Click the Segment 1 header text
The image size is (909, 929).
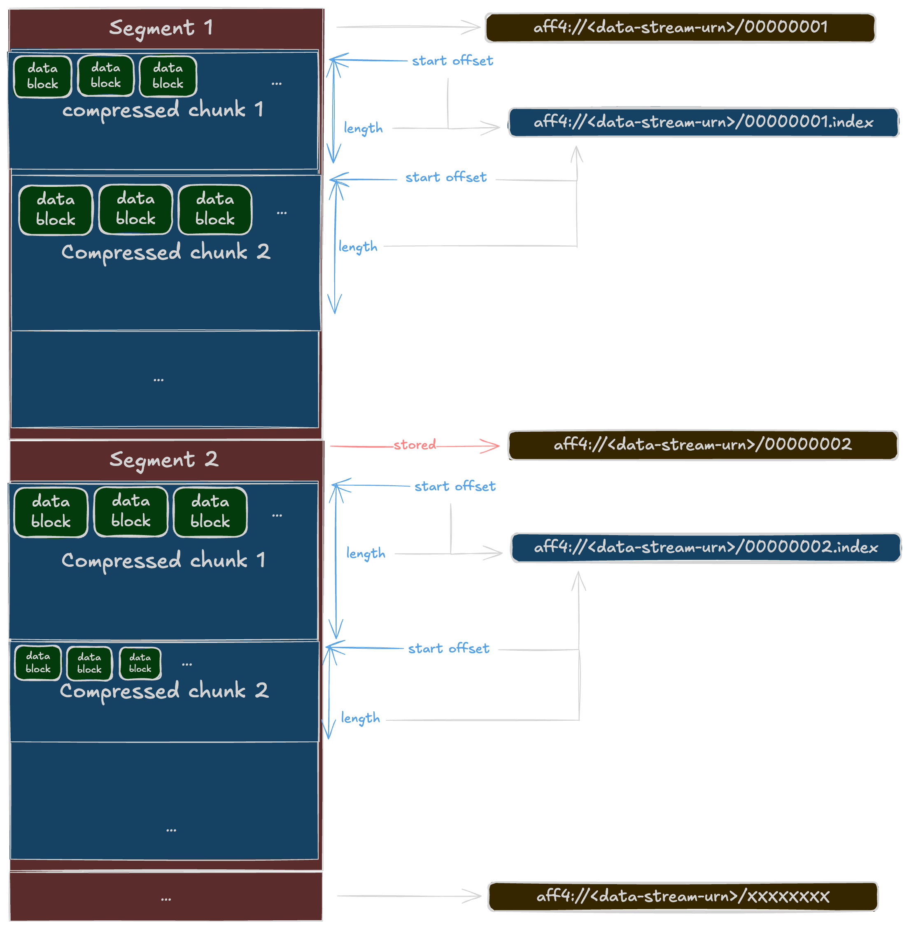coord(161,28)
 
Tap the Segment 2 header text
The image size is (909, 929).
coord(164,460)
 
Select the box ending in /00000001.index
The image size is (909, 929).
coord(703,123)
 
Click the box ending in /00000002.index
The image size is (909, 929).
coord(706,547)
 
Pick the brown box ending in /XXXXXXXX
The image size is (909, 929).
coord(682,896)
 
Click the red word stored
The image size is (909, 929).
coord(415,445)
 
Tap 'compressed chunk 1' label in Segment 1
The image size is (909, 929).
coord(163,110)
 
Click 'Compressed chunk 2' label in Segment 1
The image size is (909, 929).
coord(165,252)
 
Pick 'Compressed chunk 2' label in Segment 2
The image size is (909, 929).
coord(164,691)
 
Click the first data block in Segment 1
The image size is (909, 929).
coord(42,77)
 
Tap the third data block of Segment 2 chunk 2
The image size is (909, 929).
coord(140,663)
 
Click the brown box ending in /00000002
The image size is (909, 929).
coord(702,445)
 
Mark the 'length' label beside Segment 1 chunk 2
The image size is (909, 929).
coord(358,247)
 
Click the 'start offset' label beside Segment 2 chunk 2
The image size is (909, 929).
coord(448,648)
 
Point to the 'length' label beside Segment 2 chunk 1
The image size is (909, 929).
coord(366,553)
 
